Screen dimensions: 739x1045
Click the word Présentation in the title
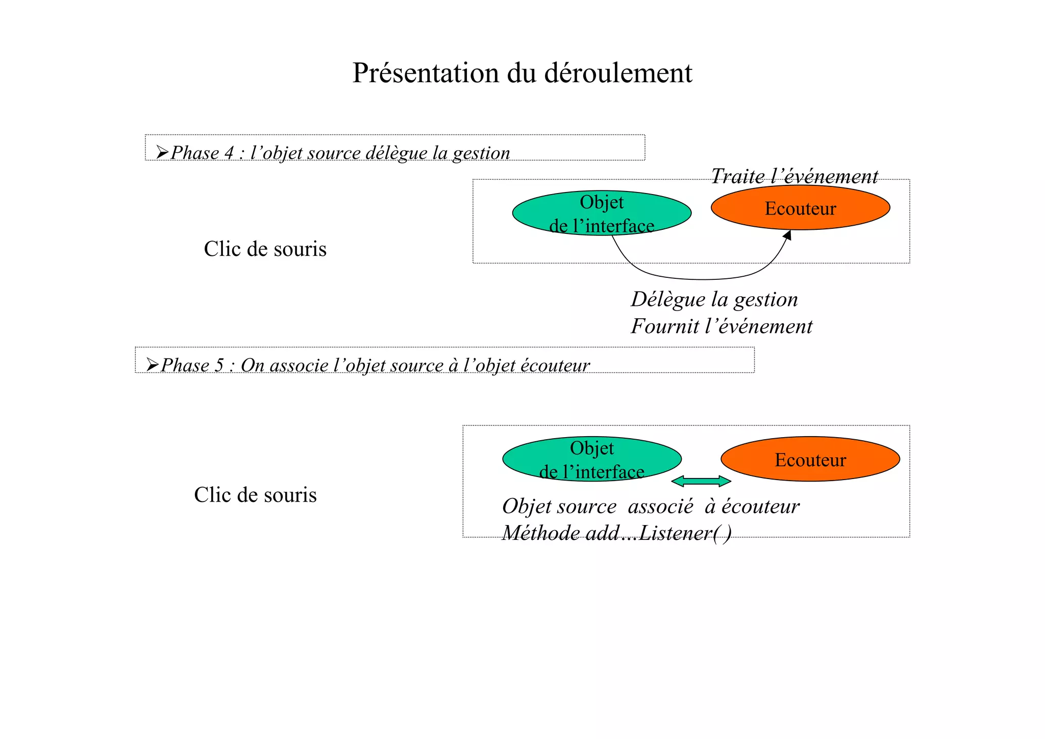point(425,74)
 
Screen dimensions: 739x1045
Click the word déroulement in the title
point(618,74)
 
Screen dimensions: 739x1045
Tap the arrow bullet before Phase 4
point(162,152)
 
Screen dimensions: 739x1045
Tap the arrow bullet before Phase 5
point(153,365)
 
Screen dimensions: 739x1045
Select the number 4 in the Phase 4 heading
point(229,153)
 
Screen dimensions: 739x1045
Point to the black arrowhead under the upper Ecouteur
point(787,235)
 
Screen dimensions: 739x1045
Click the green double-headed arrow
point(701,481)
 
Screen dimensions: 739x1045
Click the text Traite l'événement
point(794,176)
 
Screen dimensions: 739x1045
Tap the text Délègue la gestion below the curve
point(714,300)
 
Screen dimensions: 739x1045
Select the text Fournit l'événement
point(721,327)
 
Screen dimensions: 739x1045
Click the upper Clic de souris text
point(265,249)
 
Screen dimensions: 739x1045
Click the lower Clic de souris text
point(255,495)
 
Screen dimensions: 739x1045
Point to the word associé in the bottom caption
point(660,507)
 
